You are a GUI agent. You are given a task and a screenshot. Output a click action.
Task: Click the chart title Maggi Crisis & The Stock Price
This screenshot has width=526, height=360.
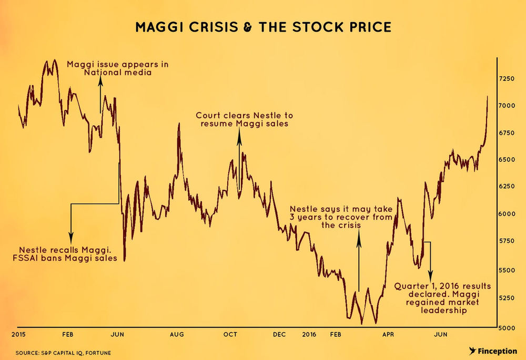pyautogui.click(x=263, y=27)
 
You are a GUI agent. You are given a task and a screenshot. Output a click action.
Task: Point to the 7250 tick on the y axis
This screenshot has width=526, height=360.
pyautogui.click(x=507, y=78)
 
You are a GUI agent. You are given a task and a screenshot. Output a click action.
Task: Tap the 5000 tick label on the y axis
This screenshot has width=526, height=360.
pyautogui.click(x=507, y=328)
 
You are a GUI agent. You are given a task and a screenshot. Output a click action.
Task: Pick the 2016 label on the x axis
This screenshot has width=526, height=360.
pyautogui.click(x=309, y=334)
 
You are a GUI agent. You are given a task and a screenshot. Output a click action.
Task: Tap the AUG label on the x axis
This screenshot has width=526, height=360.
pyautogui.click(x=177, y=334)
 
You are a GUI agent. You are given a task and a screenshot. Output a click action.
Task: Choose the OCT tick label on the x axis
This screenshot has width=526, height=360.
pyautogui.click(x=230, y=334)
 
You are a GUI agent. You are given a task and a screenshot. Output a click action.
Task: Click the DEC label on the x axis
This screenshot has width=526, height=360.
pyautogui.click(x=279, y=334)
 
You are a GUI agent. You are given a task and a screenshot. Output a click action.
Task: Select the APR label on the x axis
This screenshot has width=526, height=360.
pyautogui.click(x=388, y=334)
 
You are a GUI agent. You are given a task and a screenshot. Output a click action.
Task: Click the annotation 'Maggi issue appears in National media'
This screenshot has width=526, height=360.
pyautogui.click(x=118, y=68)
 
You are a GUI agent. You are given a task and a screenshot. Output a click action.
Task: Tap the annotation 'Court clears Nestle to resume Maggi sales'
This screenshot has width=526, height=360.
pyautogui.click(x=244, y=119)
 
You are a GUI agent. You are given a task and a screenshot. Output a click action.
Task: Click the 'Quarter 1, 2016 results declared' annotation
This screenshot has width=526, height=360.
pyautogui.click(x=442, y=298)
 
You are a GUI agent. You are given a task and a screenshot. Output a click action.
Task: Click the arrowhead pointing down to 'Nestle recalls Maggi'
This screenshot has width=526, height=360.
pyautogui.click(x=71, y=239)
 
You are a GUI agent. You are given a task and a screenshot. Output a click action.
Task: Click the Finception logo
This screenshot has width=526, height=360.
pyautogui.click(x=492, y=351)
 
